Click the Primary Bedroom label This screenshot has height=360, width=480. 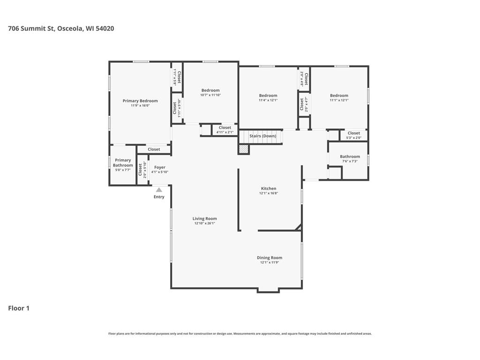[140, 101]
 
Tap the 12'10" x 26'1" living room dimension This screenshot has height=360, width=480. [204, 224]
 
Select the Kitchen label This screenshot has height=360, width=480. [269, 188]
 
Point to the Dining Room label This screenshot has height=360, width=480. [270, 258]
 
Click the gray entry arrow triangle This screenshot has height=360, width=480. [159, 190]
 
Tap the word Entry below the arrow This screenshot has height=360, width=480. [159, 197]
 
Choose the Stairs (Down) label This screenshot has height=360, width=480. [262, 136]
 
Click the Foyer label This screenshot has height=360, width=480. [160, 167]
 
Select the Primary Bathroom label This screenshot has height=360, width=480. [123, 163]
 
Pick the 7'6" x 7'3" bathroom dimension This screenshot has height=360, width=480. [350, 161]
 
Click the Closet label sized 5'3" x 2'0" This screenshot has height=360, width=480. [354, 133]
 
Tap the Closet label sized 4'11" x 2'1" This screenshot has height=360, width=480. [225, 127]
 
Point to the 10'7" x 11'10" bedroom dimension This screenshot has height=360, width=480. [210, 95]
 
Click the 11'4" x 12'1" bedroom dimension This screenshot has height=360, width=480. [268, 100]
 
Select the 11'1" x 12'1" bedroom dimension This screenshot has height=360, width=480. [339, 100]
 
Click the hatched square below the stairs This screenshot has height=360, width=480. [244, 149]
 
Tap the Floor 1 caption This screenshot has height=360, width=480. [19, 308]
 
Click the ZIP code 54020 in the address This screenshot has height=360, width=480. [105, 29]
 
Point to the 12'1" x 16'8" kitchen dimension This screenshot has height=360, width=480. [269, 194]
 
